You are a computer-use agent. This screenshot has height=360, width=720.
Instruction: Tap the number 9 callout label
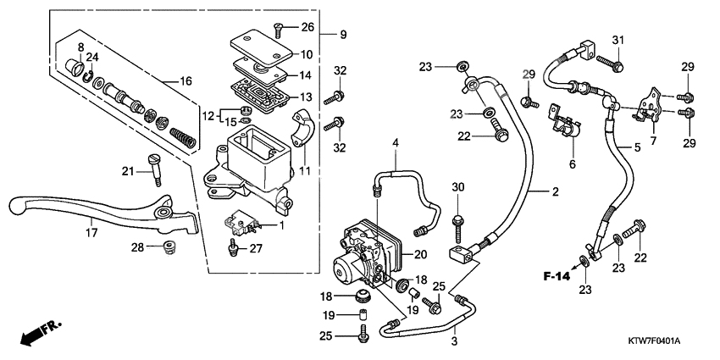[343, 35]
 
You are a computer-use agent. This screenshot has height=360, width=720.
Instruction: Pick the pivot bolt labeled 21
[154, 167]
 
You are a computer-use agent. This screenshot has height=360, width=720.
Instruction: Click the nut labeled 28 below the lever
[169, 247]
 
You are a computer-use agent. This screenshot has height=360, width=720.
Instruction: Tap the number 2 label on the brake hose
[556, 192]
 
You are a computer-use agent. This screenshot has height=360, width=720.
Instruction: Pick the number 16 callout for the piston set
[186, 80]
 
